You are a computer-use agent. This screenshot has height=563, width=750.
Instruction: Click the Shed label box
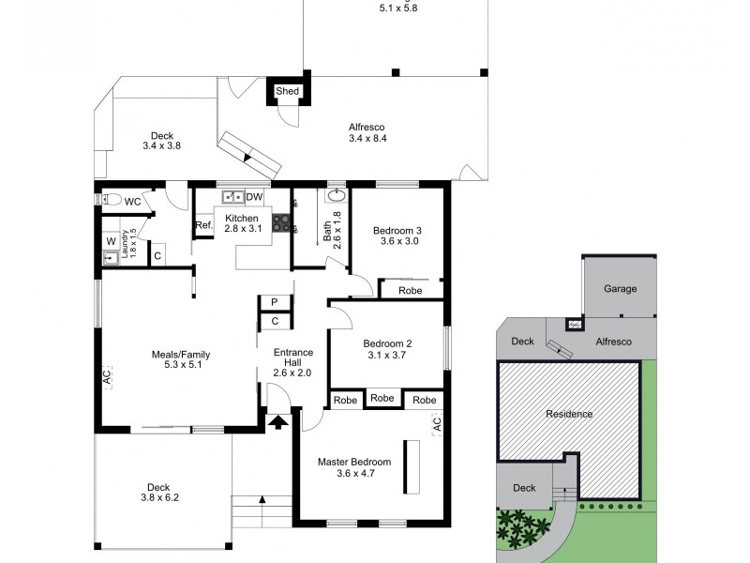pos(287,91)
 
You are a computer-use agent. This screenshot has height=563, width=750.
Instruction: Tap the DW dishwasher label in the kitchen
pos(254,197)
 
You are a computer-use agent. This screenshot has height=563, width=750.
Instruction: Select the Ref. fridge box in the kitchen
pos(203,225)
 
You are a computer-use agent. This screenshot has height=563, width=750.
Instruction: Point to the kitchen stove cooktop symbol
pos(280,222)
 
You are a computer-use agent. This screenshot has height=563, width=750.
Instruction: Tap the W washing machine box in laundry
pos(111,240)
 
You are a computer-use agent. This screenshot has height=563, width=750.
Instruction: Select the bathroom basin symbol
pos(336,196)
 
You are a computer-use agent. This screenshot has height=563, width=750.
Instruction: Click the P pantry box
pos(275,302)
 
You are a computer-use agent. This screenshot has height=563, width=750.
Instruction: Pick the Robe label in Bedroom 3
pos(410,291)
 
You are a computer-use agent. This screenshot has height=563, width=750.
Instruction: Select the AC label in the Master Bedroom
pos(436,424)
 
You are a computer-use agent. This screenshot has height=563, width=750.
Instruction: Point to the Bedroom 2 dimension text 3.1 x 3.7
pos(388,356)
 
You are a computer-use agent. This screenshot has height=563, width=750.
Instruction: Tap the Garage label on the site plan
pos(620,289)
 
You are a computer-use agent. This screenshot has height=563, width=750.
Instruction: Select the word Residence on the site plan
pos(569,414)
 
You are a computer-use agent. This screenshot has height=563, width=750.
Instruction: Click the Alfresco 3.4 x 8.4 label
pos(367,132)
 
